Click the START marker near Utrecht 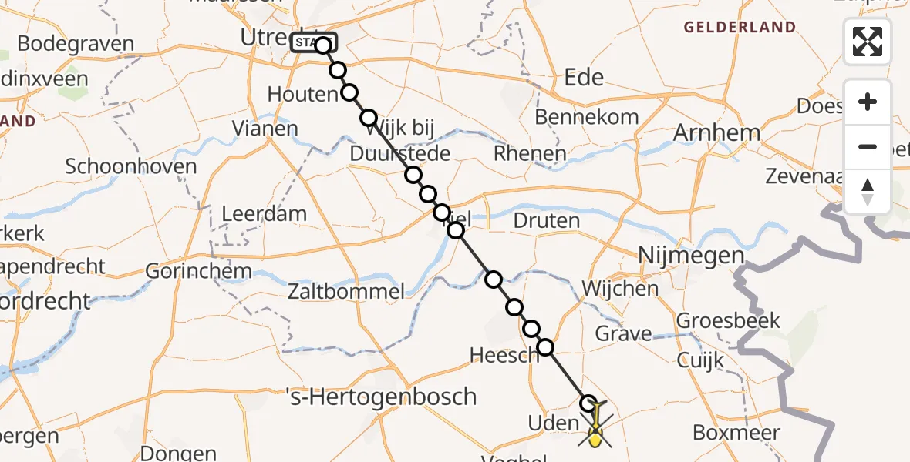tap(312, 43)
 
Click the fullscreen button tap(868, 42)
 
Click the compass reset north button tap(868, 192)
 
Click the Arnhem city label tap(716, 132)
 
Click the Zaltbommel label tap(345, 292)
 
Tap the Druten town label tap(546, 221)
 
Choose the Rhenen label tap(530, 154)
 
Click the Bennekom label tap(587, 117)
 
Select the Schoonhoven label tap(131, 166)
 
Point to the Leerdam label tap(264, 214)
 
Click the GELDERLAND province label tap(740, 28)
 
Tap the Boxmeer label tap(736, 433)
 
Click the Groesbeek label tap(728, 320)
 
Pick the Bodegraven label tap(75, 44)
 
